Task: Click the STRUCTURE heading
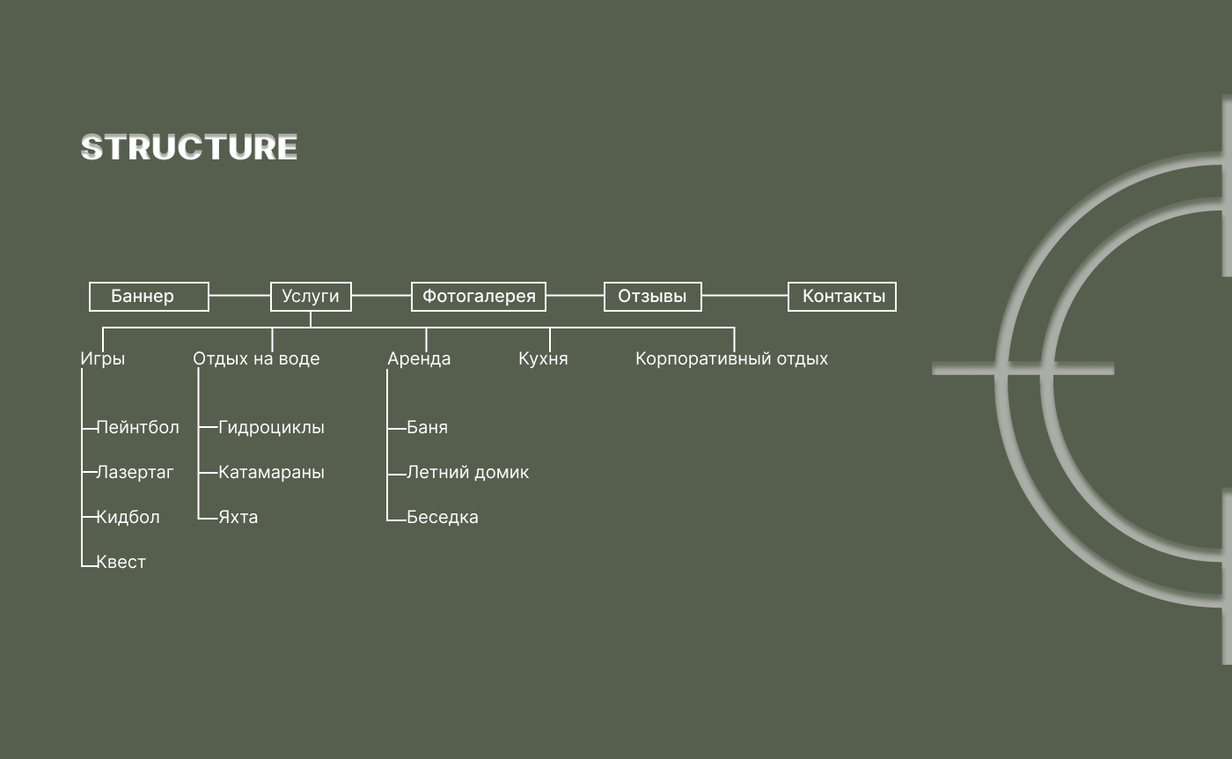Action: (x=189, y=147)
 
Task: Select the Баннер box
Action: (x=149, y=297)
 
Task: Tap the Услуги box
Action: (x=311, y=297)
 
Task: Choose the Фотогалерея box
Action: (x=479, y=297)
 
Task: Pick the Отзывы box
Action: (x=652, y=297)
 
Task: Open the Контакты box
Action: (x=842, y=297)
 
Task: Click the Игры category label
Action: (x=103, y=359)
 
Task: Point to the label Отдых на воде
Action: (x=256, y=359)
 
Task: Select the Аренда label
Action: (x=419, y=359)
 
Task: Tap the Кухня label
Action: (x=543, y=359)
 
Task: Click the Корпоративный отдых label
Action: (x=731, y=359)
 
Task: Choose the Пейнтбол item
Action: (x=137, y=428)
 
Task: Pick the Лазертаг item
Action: (x=135, y=473)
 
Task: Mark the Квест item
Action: (x=121, y=563)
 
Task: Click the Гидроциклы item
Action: (x=271, y=428)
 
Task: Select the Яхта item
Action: (x=238, y=518)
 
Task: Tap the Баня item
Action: (x=427, y=428)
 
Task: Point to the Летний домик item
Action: (x=467, y=473)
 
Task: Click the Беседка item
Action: (x=443, y=518)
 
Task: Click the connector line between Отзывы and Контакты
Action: (x=744, y=296)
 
